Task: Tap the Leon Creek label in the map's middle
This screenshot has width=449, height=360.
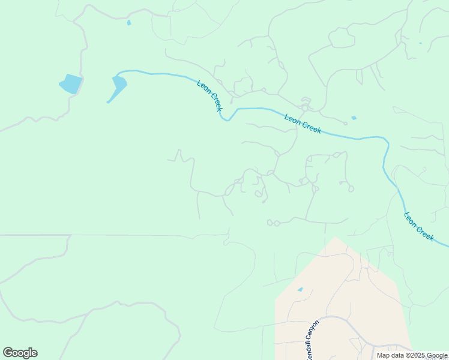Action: tap(303, 124)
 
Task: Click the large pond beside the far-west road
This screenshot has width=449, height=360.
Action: tap(71, 84)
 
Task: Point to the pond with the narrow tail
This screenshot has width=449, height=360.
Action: tap(119, 85)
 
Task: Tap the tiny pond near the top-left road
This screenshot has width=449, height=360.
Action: tap(128, 23)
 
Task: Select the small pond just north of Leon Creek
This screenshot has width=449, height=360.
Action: tap(354, 118)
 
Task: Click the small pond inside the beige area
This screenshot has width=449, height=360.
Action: tap(300, 289)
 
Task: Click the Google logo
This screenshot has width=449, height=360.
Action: tap(20, 353)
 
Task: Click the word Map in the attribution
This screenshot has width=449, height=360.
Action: tap(383, 355)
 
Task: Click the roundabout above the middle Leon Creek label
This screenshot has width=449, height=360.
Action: tap(305, 108)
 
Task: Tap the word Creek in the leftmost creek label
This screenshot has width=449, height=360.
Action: tap(215, 103)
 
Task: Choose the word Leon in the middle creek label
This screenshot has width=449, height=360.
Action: tap(292, 119)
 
